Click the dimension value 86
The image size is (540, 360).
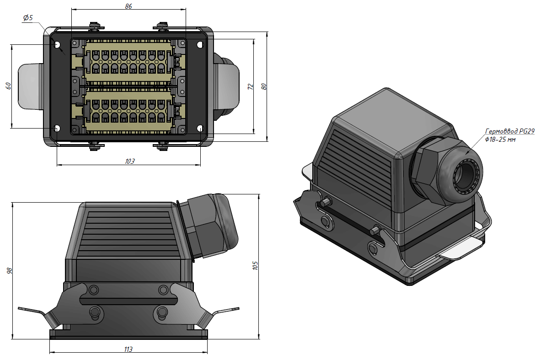(128, 6)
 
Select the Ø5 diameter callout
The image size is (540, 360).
(28, 18)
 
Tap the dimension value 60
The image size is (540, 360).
(8, 86)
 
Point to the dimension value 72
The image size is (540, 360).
(250, 86)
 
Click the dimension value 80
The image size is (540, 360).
(263, 86)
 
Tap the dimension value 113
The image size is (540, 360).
(128, 349)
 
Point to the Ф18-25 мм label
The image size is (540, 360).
(500, 140)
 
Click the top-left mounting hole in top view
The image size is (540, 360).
(57, 45)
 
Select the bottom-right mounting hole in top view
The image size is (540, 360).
(200, 129)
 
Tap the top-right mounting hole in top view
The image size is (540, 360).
(200, 45)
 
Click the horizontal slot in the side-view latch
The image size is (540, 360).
(128, 301)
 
